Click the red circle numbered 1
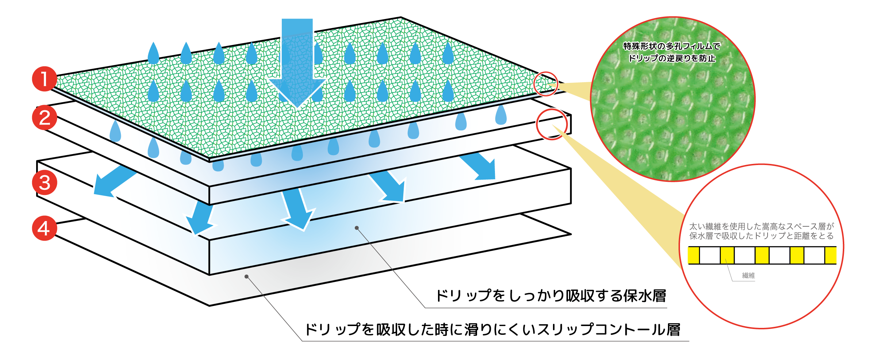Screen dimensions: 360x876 click(x=44, y=79)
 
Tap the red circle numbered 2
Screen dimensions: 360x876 click(x=44, y=118)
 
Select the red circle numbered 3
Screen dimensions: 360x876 click(x=44, y=183)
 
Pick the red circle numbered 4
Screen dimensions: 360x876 click(x=44, y=229)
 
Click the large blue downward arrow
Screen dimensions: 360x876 click(x=297, y=62)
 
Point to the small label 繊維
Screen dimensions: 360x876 click(x=748, y=276)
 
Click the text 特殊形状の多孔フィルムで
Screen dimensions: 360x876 click(x=672, y=46)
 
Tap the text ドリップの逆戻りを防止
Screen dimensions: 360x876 click(x=672, y=58)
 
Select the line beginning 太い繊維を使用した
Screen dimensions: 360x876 click(x=761, y=227)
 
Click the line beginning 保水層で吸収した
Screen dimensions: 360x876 click(x=761, y=236)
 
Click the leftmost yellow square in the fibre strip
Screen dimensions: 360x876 click(x=693, y=255)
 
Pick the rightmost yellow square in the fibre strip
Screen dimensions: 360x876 click(x=830, y=255)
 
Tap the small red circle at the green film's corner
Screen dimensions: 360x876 click(x=546, y=84)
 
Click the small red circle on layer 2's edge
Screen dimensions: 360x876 click(x=552, y=125)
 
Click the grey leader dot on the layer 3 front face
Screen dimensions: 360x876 click(x=357, y=228)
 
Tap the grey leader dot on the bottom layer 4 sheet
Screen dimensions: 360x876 click(x=247, y=276)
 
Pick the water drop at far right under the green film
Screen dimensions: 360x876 click(x=501, y=115)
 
